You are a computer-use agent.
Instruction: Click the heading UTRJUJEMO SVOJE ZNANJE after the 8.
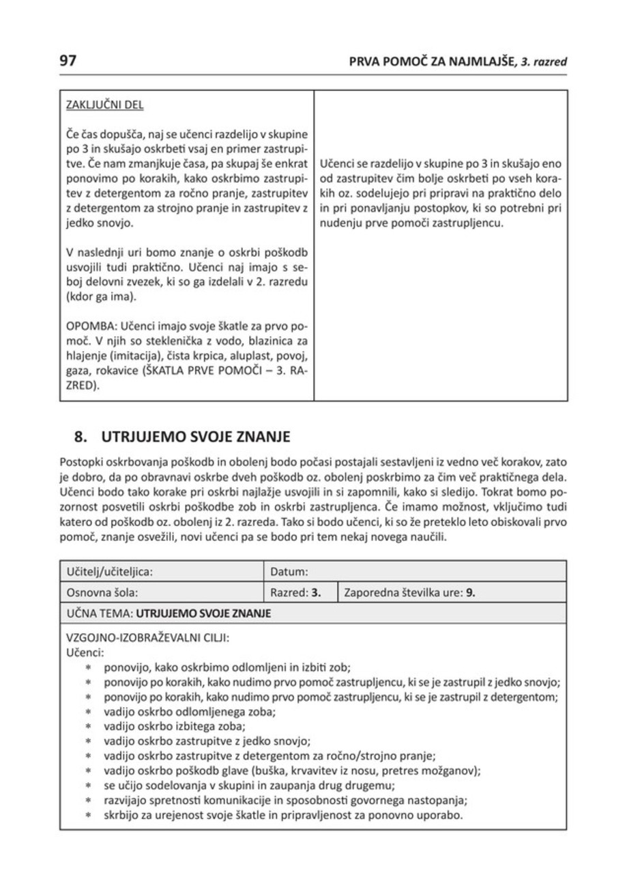click(x=196, y=434)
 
